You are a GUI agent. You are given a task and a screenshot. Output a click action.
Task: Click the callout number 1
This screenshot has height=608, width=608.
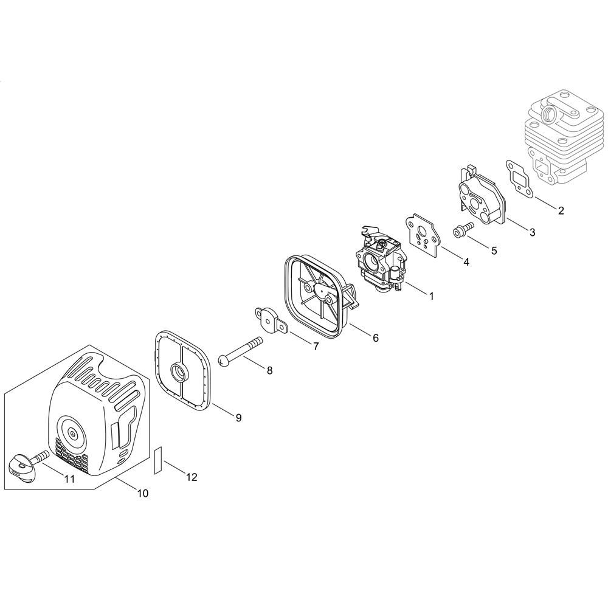(x=431, y=296)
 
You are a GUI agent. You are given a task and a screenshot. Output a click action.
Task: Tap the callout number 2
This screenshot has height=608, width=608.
(x=561, y=210)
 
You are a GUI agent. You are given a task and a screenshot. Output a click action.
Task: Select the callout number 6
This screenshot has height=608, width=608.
(x=375, y=337)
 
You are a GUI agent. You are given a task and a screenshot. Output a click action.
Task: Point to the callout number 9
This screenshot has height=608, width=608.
(x=238, y=418)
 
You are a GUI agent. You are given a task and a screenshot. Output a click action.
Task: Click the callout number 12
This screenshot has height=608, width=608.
(x=192, y=477)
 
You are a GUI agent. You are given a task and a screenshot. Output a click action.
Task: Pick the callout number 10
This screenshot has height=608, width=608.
(x=143, y=493)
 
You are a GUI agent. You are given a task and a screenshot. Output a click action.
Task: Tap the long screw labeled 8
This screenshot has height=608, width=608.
(x=240, y=351)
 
